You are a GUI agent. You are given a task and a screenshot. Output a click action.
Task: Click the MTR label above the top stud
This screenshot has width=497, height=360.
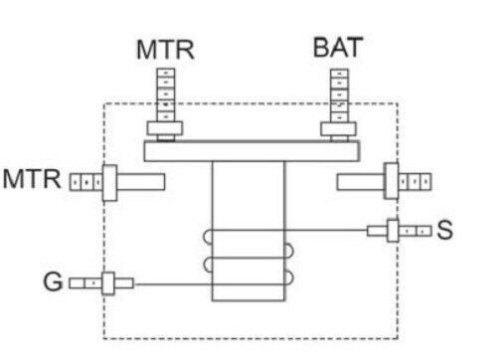pyautogui.click(x=165, y=50)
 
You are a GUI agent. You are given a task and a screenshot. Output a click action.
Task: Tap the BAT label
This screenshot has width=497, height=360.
pyautogui.click(x=338, y=48)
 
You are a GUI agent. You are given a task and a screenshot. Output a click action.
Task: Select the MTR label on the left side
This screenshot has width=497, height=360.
pyautogui.click(x=32, y=179)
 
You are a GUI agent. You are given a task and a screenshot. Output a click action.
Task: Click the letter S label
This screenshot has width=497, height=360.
pyautogui.click(x=444, y=230)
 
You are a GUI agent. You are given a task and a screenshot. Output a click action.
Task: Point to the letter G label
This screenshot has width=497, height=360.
pyautogui.click(x=53, y=281)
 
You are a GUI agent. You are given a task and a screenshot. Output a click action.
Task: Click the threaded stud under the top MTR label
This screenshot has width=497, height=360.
pyautogui.click(x=166, y=95)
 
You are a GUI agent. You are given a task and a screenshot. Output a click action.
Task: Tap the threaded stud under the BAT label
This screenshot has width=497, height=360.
pyautogui.click(x=339, y=95)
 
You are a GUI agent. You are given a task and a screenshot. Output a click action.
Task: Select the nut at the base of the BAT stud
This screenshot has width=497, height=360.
pyautogui.click(x=338, y=129)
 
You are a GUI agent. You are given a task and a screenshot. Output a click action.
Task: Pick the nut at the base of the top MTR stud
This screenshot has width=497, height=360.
pyautogui.click(x=165, y=128)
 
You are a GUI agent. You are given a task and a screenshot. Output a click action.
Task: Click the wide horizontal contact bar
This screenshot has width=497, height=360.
pyautogui.click(x=252, y=151)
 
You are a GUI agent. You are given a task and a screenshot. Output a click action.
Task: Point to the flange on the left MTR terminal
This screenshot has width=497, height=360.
pyautogui.click(x=109, y=183)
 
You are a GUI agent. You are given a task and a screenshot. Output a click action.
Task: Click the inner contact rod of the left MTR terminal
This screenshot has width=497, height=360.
pyautogui.click(x=141, y=182)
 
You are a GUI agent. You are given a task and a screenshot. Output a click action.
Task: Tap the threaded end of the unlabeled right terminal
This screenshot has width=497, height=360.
pyautogui.click(x=415, y=182)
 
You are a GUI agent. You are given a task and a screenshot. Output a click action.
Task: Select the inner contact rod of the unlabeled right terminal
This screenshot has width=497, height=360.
pyautogui.click(x=361, y=182)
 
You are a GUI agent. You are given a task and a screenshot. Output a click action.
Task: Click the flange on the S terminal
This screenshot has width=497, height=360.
pyautogui.click(x=393, y=231)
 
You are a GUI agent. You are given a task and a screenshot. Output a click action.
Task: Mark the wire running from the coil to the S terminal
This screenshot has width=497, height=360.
pyautogui.click(x=326, y=230)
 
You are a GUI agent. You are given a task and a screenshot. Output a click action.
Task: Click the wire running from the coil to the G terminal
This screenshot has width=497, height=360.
pyautogui.click(x=174, y=284)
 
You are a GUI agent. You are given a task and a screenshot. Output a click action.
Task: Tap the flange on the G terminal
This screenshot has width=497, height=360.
pyautogui.click(x=108, y=283)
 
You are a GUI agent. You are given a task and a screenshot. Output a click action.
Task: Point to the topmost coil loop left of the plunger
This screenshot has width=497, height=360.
pyautogui.click(x=207, y=238)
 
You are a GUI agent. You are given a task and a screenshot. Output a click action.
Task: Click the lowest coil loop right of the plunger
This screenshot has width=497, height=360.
pyautogui.click(x=289, y=277)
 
